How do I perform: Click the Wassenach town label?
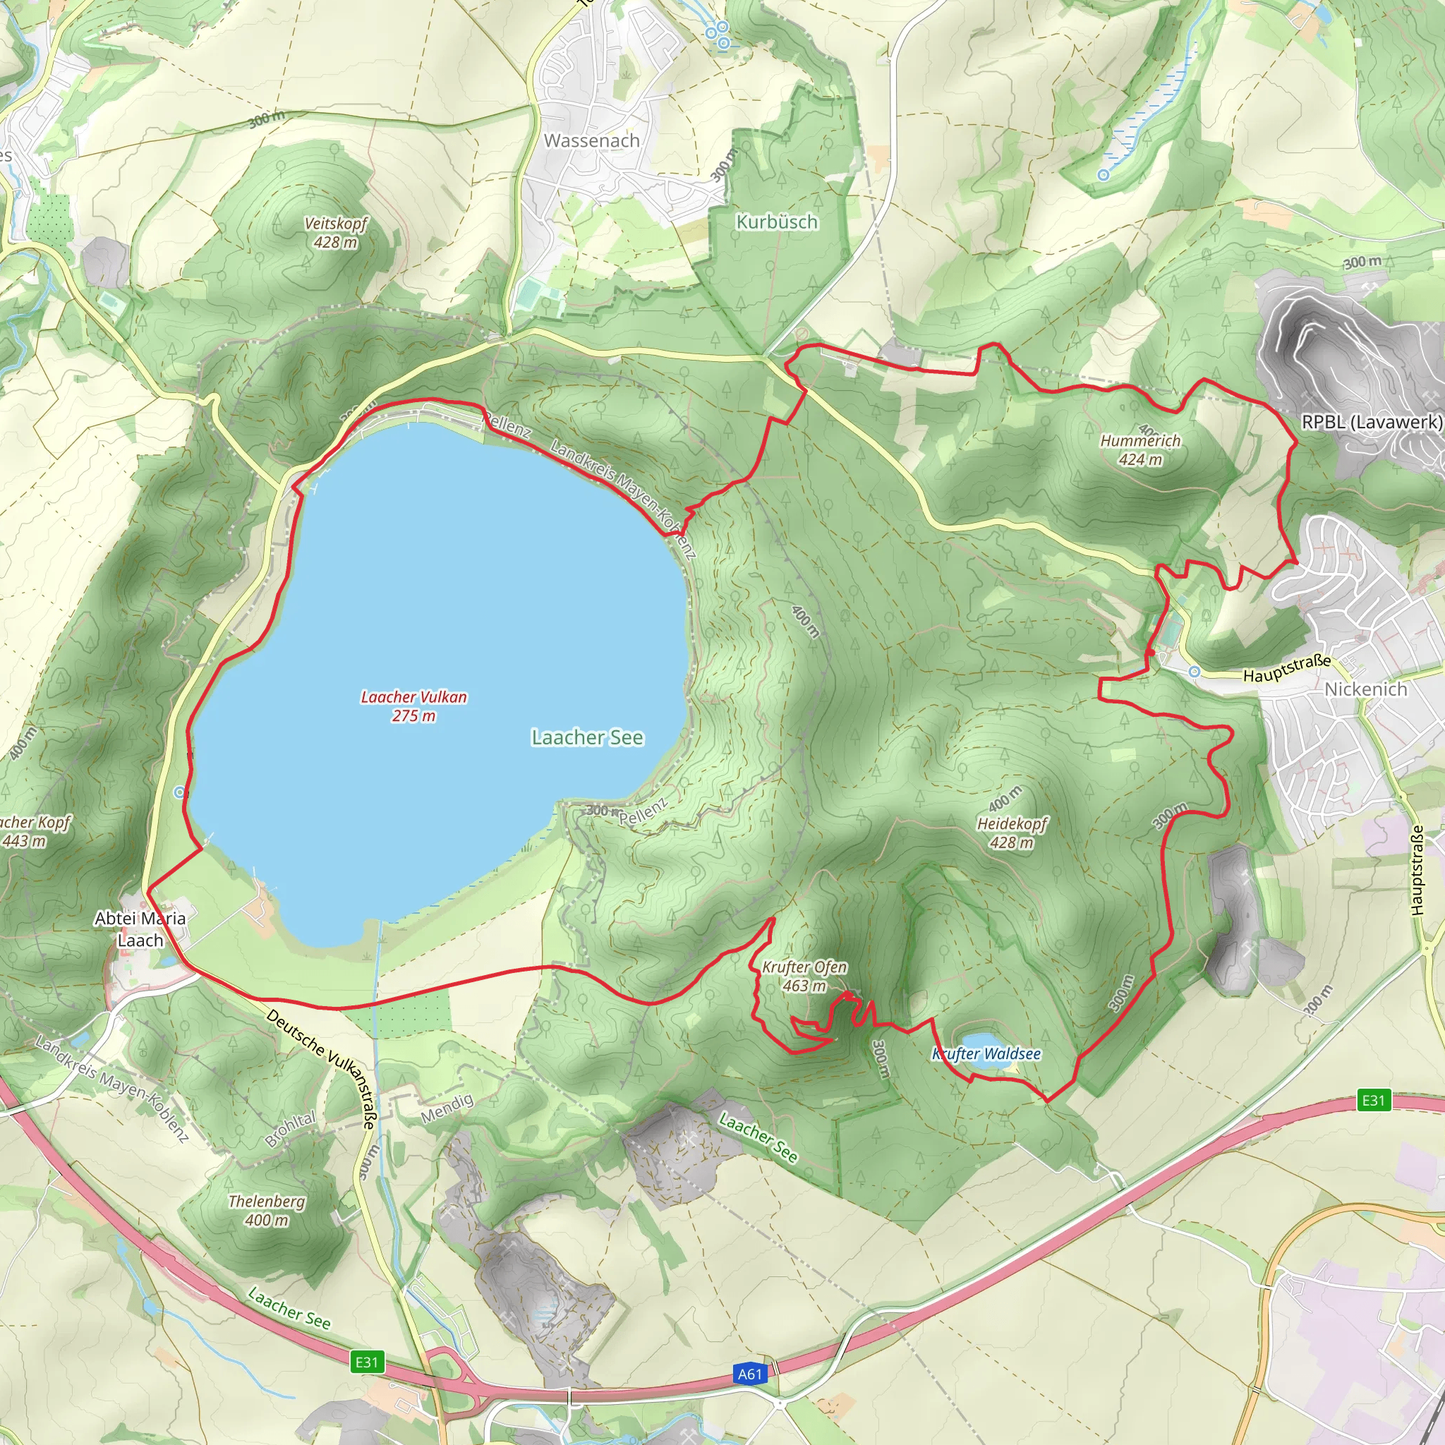[x=591, y=140]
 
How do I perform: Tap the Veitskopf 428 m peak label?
[x=335, y=233]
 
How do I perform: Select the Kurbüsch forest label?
[x=777, y=222]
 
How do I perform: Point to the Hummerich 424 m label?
[x=1140, y=450]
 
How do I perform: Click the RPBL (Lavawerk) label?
[x=1372, y=422]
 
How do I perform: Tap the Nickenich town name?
[x=1366, y=689]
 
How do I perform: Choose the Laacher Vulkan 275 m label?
[x=413, y=706]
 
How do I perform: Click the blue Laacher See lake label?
[x=587, y=737]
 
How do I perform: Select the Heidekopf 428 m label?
[x=1012, y=833]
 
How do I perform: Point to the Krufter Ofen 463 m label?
[x=804, y=976]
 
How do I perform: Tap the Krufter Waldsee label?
[x=986, y=1055]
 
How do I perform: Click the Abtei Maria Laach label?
[x=140, y=929]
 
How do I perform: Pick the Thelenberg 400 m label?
[x=266, y=1210]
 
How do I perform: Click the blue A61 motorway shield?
[x=749, y=1374]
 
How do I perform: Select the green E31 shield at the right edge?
[x=1373, y=1099]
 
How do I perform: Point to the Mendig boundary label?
[x=447, y=1108]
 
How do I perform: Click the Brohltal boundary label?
[x=290, y=1129]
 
